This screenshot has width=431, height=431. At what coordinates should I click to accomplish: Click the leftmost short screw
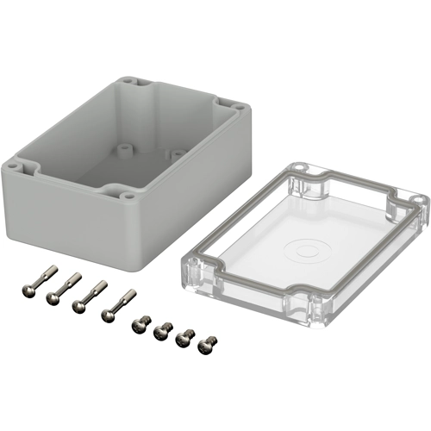coord(137,326)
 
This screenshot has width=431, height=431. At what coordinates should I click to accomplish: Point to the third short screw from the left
coord(183,338)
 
